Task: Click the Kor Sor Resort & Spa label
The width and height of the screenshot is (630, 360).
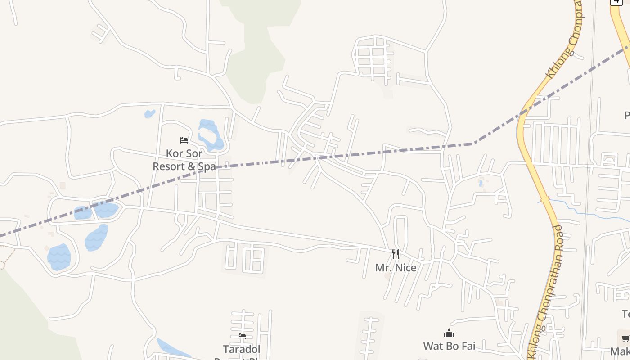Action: [x=184, y=160]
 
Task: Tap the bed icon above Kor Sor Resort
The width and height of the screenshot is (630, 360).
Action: [x=184, y=140]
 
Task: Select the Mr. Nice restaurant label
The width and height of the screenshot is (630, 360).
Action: [x=396, y=268]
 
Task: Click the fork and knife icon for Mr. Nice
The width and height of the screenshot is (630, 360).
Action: [x=395, y=254]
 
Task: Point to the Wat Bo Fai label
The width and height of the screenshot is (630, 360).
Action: [x=449, y=346]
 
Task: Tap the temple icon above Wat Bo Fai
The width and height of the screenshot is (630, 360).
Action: [x=449, y=333]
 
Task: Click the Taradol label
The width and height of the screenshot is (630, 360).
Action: [x=242, y=349]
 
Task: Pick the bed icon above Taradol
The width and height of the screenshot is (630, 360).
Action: [x=242, y=336]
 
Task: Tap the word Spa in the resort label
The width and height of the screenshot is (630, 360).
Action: [x=207, y=166]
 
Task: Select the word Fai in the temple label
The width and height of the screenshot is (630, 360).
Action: [x=467, y=346]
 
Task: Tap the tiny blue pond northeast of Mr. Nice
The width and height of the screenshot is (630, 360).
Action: [x=481, y=183]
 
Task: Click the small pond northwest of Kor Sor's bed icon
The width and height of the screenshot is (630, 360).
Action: [x=149, y=114]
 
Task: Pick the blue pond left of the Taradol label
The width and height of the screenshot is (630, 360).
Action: [x=173, y=349]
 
